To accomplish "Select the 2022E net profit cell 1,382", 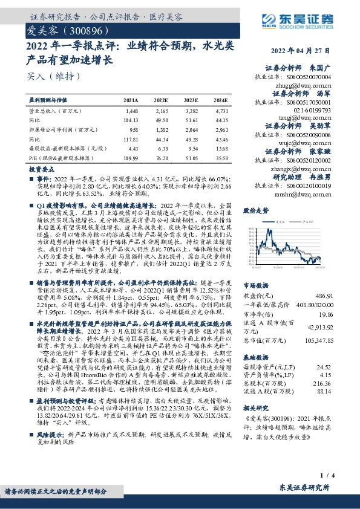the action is (x=161, y=130).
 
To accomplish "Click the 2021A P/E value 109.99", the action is (x=131, y=158).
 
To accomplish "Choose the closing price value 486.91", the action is (x=322, y=296).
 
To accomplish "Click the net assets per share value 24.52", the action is (x=324, y=366).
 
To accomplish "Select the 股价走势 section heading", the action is (x=256, y=211).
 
